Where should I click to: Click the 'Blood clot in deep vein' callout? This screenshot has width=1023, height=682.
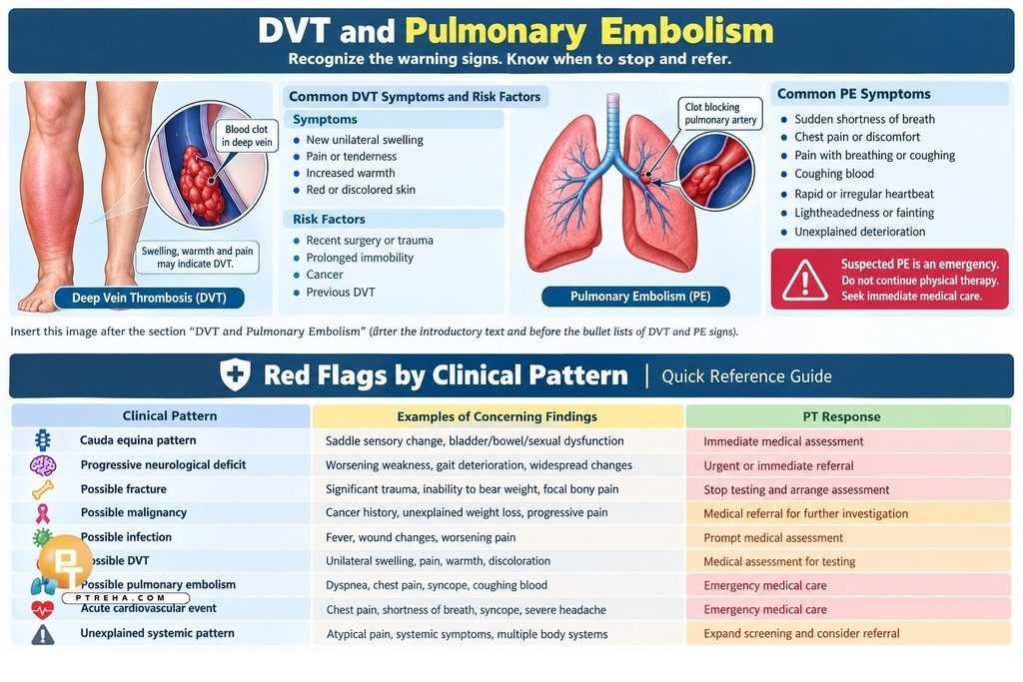(x=247, y=136)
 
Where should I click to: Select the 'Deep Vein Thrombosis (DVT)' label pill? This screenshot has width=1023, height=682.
(x=150, y=298)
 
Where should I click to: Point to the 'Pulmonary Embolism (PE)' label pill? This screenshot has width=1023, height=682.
(x=636, y=297)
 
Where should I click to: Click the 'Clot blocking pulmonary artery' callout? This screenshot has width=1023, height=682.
(x=720, y=114)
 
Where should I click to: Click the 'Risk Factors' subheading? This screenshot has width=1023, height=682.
(x=329, y=219)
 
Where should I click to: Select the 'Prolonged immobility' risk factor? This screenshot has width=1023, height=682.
(x=360, y=258)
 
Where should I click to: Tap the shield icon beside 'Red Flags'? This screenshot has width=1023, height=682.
(x=235, y=375)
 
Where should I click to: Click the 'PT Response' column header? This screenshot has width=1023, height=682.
(x=841, y=416)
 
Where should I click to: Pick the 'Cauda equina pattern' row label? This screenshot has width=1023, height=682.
(x=138, y=440)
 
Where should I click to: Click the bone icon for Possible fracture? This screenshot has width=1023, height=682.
(x=42, y=489)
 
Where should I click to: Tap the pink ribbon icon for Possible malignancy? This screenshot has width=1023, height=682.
(x=42, y=513)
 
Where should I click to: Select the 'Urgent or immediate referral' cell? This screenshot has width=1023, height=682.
(x=778, y=465)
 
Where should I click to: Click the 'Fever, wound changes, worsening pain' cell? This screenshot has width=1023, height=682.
(x=421, y=537)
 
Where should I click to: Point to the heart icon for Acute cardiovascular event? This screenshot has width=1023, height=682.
(x=42, y=610)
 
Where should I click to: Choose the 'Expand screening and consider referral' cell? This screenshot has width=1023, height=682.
(x=801, y=633)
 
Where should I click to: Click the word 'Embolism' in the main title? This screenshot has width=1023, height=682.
(x=686, y=31)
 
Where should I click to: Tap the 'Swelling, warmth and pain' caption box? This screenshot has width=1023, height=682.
(x=197, y=258)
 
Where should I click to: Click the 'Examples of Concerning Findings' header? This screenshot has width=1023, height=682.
(x=498, y=416)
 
